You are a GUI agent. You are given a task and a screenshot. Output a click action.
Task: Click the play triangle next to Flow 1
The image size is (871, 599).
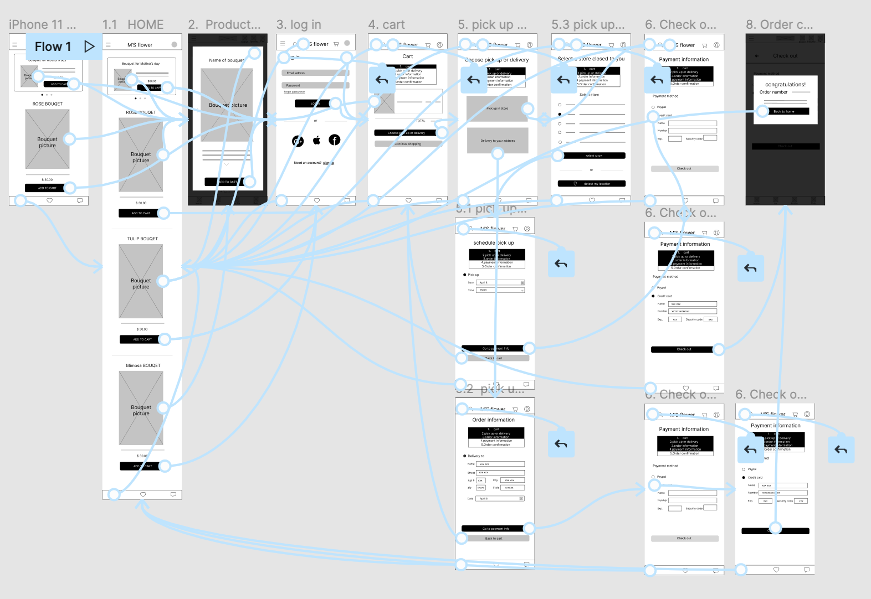pos(89,47)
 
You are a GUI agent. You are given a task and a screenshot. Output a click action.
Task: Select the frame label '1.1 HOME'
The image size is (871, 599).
pos(133,25)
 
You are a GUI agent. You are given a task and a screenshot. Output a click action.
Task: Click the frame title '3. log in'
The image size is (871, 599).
pos(299,25)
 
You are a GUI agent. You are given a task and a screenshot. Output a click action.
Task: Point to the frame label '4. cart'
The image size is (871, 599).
pos(386,25)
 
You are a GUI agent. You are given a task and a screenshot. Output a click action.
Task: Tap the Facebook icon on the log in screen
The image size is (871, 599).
pos(334,140)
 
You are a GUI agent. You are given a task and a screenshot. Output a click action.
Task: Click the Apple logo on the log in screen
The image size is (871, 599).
pos(316,140)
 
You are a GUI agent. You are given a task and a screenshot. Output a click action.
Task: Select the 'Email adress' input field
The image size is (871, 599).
pos(315,73)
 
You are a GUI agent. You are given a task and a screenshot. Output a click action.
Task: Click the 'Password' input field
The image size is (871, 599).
pos(315,85)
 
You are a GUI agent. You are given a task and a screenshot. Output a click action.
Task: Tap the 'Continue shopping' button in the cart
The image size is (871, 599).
pos(408,144)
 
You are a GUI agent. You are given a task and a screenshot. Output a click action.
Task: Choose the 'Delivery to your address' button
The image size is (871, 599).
pos(498,141)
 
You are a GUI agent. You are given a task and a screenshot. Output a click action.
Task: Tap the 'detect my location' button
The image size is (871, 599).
pos(592,184)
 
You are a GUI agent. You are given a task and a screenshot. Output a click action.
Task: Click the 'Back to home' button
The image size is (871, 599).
pos(783,111)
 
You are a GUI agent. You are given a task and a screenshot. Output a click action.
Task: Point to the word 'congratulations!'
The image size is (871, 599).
pos(785,85)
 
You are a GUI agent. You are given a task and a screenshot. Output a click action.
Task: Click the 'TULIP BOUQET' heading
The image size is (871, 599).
pos(142,239)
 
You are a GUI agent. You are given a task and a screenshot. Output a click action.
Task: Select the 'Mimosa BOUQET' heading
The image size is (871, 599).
pos(143,366)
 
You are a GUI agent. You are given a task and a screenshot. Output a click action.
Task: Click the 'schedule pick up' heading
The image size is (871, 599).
pos(493,243)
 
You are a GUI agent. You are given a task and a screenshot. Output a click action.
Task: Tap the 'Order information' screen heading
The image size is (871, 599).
pos(493,420)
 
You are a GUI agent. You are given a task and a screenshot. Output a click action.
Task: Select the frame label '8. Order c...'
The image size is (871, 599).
pos(779,25)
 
